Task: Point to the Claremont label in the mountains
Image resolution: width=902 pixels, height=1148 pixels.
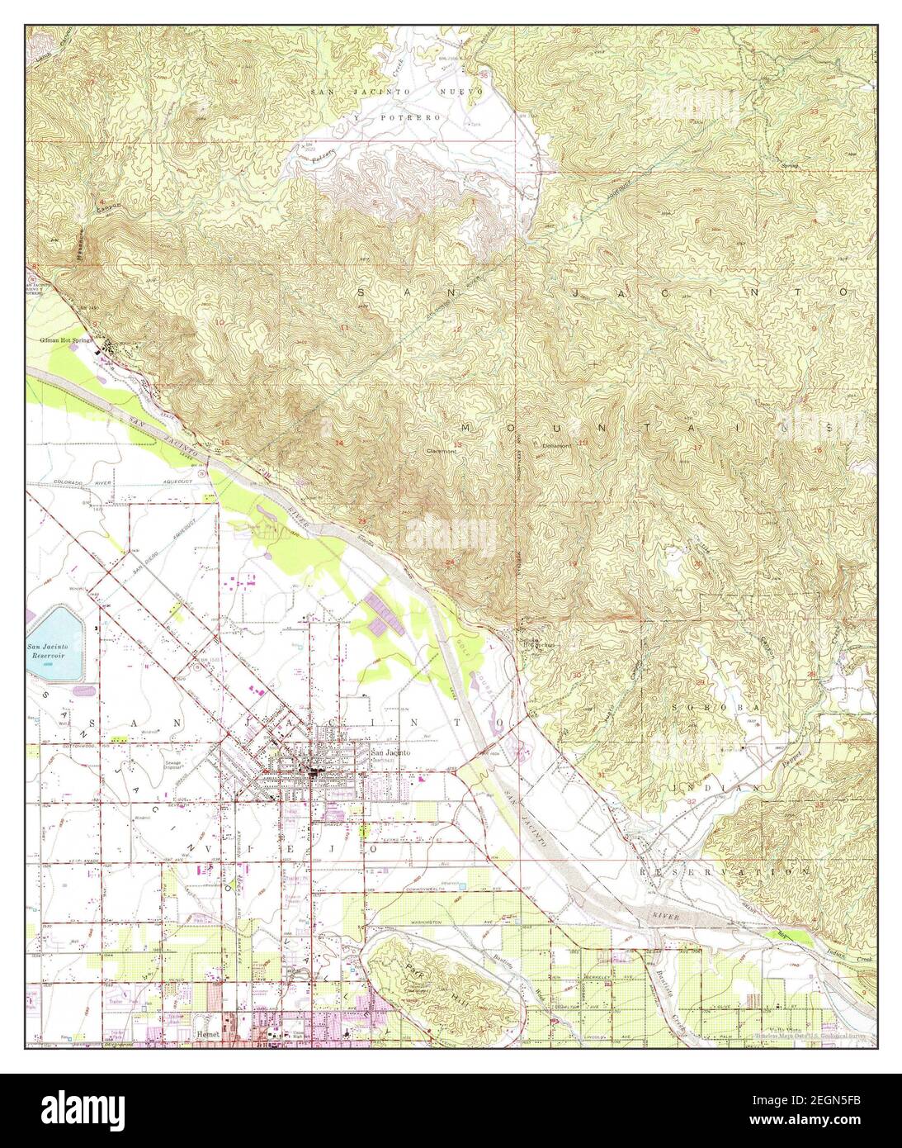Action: click(442, 452)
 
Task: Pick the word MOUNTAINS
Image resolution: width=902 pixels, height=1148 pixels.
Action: click(644, 427)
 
